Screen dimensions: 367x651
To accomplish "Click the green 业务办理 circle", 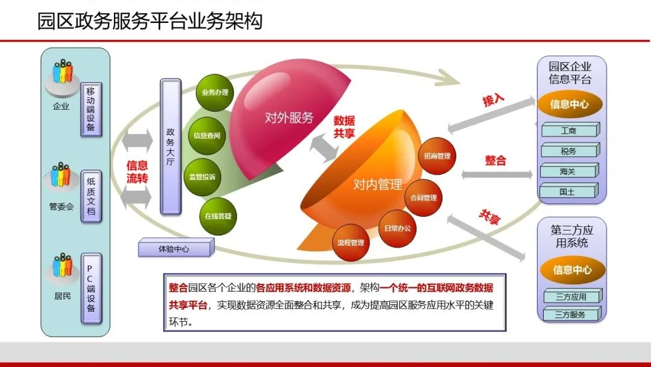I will (x=215, y=92).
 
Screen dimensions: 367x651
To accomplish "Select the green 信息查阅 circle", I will (x=206, y=135).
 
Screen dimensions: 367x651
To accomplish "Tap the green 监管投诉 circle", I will (x=202, y=177).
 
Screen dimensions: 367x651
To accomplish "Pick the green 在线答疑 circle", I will (x=218, y=215).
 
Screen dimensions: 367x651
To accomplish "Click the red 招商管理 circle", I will (x=437, y=156).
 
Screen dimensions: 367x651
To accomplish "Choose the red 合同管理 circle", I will (x=423, y=197).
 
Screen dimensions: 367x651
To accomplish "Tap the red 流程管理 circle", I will (x=351, y=243).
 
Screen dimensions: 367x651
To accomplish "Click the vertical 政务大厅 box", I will (x=170, y=145).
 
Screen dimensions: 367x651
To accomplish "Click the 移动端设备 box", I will (x=91, y=109).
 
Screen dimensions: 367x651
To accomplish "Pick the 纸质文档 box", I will (x=91, y=196).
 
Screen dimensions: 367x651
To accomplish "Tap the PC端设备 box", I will (x=91, y=288).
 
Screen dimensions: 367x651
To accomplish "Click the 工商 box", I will (x=569, y=130).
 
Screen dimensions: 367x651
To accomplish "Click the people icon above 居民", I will (x=62, y=266).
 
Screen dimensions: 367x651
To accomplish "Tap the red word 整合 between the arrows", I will (x=495, y=161).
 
